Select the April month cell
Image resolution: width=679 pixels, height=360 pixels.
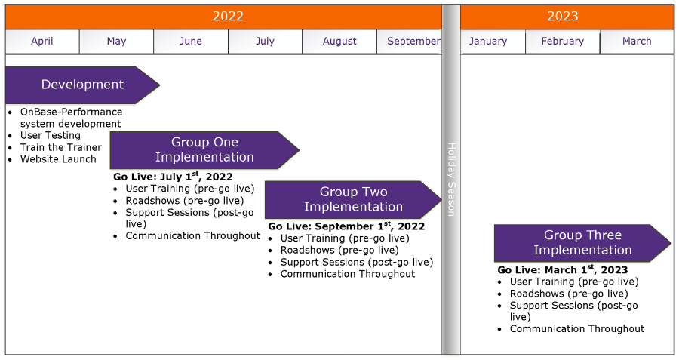[x=42, y=42]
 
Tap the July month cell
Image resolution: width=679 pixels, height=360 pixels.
[x=265, y=42]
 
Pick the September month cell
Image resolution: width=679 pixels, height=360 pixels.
[x=409, y=42]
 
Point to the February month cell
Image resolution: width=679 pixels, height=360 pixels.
[x=563, y=42]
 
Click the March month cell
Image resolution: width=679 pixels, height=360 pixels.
[x=637, y=42]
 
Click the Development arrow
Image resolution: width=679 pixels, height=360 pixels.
[x=82, y=85]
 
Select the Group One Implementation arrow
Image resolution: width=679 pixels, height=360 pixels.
[x=204, y=150]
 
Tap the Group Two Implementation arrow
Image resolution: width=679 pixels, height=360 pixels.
[x=353, y=200]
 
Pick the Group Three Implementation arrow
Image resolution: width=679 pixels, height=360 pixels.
[x=582, y=243]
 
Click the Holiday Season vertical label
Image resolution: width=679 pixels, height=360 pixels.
[x=451, y=180]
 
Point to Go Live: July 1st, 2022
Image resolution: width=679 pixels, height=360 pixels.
[x=173, y=177]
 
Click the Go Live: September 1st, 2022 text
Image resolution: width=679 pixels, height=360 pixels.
[x=346, y=226]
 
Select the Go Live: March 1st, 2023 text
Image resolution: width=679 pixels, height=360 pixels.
[x=563, y=269]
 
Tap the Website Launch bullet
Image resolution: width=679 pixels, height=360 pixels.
[x=58, y=159]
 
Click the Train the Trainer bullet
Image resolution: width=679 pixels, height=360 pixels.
[x=60, y=147]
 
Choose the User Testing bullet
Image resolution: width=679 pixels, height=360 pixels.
[x=51, y=136]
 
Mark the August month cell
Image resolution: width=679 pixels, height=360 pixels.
[x=339, y=42]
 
